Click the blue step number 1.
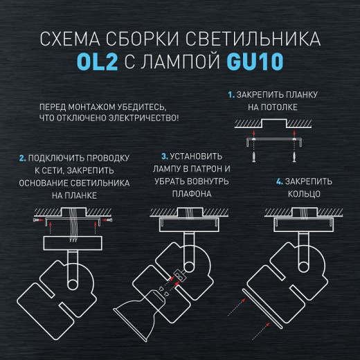[x=232, y=93]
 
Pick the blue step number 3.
[x=164, y=156]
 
